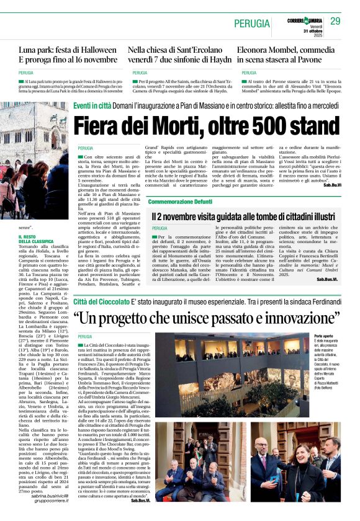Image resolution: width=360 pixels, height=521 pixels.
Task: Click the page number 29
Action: tap(335, 21)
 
